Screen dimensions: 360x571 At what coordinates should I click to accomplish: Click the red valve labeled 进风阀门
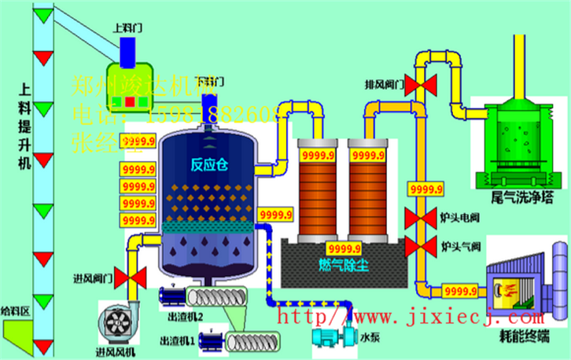tap(135, 276)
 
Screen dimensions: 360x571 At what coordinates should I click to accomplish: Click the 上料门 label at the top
tap(125, 27)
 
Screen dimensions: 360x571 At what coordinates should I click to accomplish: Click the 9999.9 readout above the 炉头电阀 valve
tap(425, 189)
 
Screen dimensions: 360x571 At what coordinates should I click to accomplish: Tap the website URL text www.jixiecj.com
tap(409, 318)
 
